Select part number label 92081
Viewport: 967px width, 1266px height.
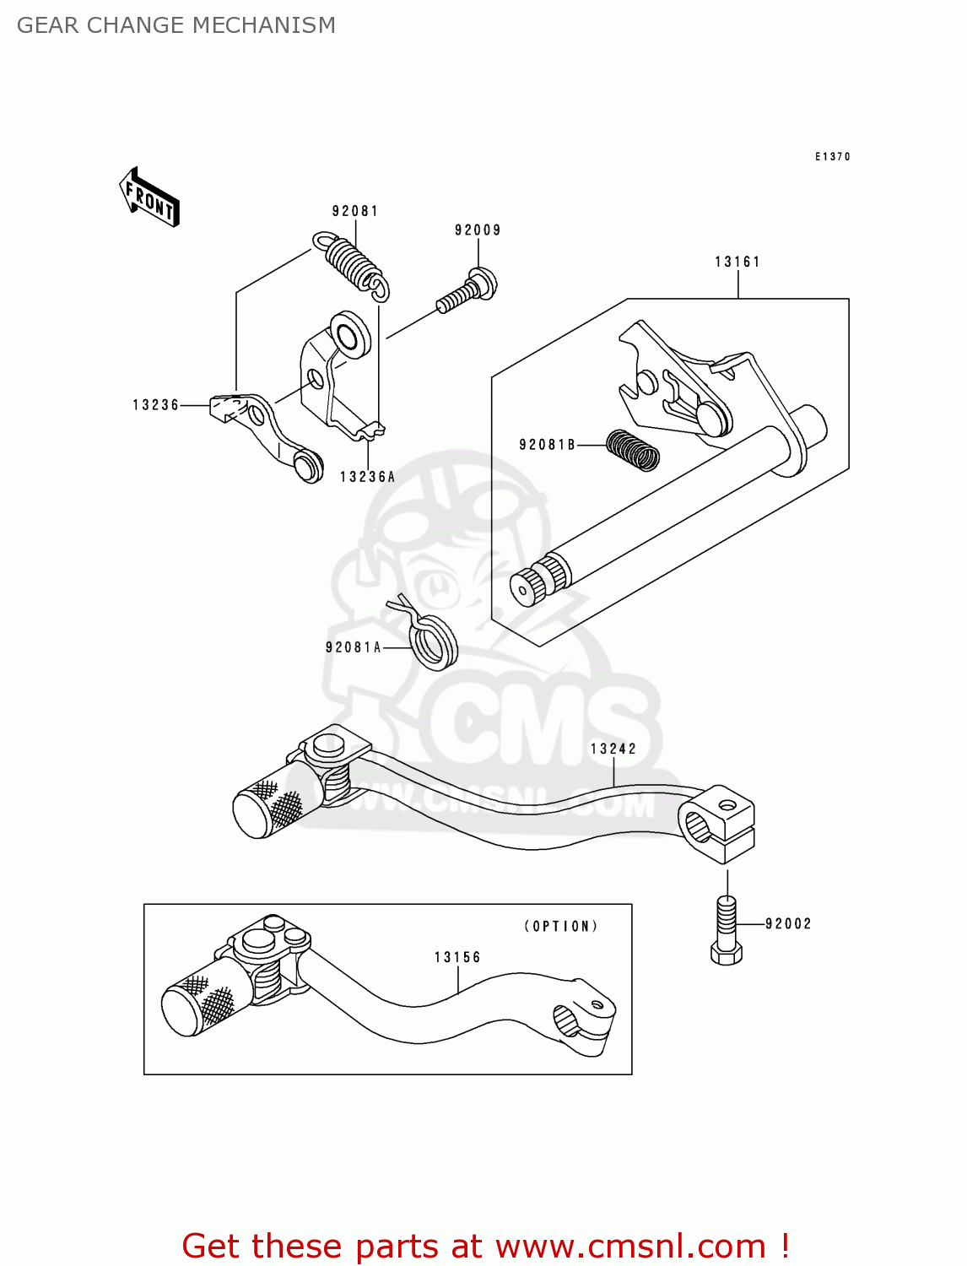[x=355, y=211]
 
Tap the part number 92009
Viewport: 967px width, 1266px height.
[x=478, y=230]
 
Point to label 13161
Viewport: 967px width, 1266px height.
[x=737, y=262]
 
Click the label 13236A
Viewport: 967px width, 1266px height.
[x=368, y=477]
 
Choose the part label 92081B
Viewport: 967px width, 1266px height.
[x=547, y=445]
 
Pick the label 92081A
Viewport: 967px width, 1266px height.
[x=354, y=647]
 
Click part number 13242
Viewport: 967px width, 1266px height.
[x=613, y=749]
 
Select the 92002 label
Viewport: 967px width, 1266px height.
[x=788, y=924]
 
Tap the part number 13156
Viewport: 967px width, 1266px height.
[x=457, y=957]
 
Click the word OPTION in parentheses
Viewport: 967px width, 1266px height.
[x=561, y=926]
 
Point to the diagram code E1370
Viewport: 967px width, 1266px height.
[x=832, y=157]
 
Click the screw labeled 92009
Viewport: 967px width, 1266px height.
[x=467, y=289]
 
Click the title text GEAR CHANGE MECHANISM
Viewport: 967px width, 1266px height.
[x=176, y=25]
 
